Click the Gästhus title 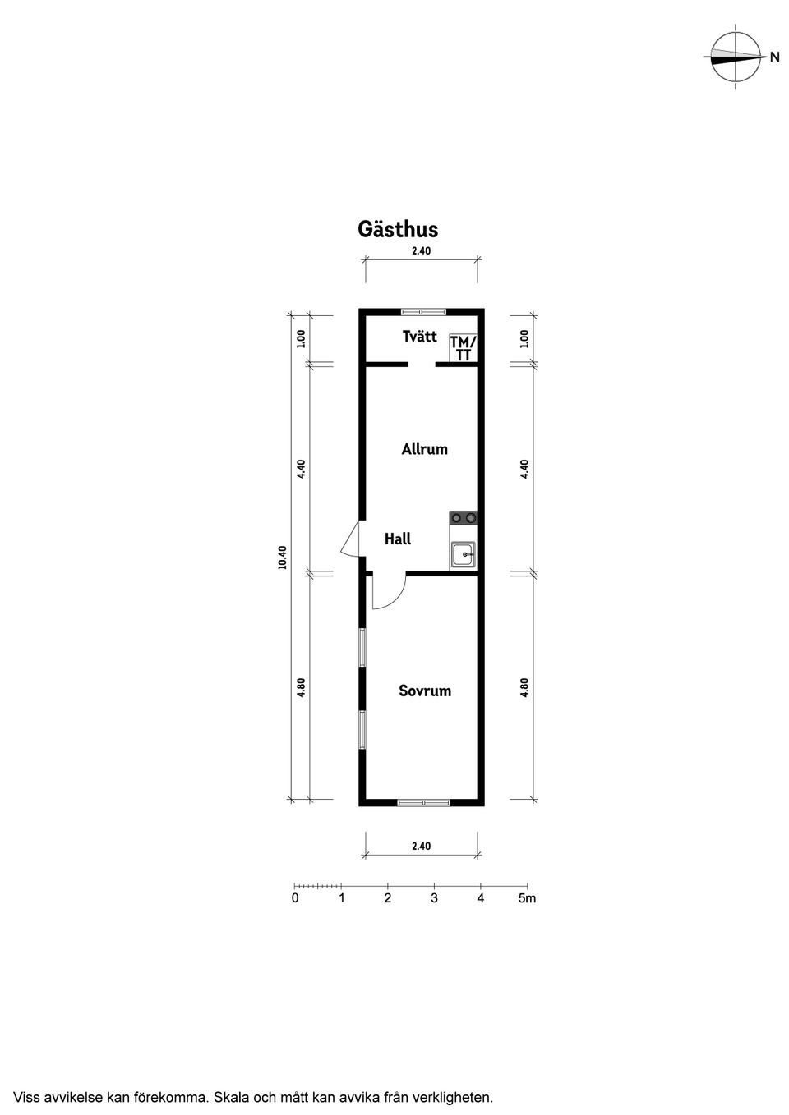pos(398,229)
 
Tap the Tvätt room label pos(419,337)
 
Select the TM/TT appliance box pos(464,347)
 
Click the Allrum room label pos(424,449)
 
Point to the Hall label pos(398,539)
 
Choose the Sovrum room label pos(425,691)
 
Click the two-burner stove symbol pos(464,518)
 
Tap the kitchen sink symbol pos(464,554)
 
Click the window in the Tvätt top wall pos(423,312)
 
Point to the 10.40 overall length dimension pos(283,557)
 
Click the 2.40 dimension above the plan pos(421,251)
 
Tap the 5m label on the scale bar pos(527,898)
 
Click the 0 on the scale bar pos(295,898)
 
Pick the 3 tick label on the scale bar pos(434,898)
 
